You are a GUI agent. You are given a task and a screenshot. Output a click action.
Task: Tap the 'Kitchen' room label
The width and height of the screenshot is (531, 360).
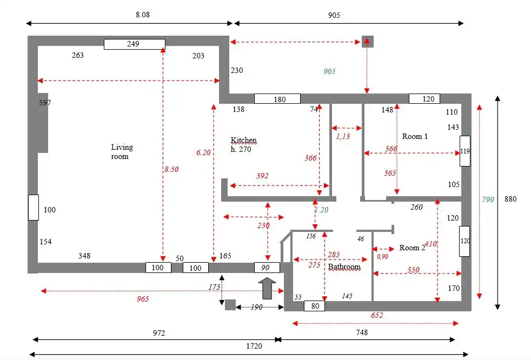tap(243, 141)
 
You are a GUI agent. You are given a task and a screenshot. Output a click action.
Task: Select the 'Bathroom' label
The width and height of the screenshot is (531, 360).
tap(344, 266)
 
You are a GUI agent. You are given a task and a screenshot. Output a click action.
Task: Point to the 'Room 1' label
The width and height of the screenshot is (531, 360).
tap(415, 136)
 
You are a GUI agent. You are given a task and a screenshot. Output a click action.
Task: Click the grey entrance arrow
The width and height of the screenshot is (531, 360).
tap(267, 288)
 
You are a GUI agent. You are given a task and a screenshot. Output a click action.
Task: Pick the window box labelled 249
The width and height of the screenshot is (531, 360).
tap(134, 44)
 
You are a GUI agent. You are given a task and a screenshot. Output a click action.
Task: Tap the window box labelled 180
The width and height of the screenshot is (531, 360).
tap(277, 99)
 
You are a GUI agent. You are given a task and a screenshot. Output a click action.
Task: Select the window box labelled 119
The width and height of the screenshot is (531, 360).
tap(465, 151)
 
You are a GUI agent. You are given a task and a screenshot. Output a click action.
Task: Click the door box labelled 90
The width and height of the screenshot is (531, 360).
tap(267, 268)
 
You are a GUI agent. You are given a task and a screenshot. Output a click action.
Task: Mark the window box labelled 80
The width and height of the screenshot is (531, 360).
tap(314, 306)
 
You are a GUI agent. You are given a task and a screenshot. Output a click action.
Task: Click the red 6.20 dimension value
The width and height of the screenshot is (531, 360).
tap(203, 153)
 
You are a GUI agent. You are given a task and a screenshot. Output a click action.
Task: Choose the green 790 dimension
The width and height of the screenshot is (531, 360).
tap(488, 199)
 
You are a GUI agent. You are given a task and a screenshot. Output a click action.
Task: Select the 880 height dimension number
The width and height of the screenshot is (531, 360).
tap(510, 199)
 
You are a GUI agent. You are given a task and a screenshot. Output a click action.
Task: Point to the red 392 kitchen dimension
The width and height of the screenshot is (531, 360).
tap(262, 176)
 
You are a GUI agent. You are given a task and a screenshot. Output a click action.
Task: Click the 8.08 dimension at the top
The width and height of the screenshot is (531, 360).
tap(142, 15)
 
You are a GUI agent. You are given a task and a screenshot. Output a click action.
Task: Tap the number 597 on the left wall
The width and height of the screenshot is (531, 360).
tap(45, 103)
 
